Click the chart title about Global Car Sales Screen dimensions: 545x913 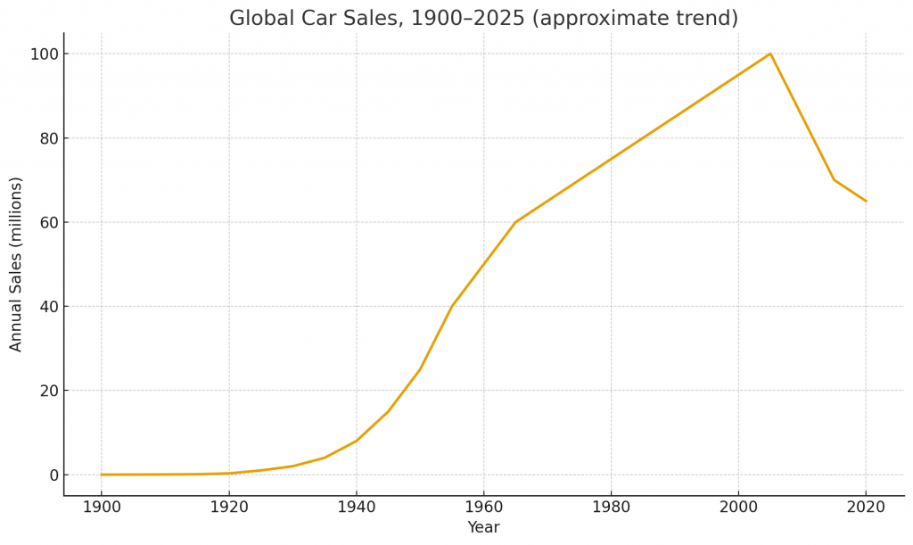(483, 19)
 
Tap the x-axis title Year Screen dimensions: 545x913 (483, 528)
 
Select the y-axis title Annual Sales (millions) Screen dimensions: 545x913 (16, 264)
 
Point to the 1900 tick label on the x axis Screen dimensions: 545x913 (101, 507)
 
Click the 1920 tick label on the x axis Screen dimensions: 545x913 (228, 507)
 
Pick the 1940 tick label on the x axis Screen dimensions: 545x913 (356, 507)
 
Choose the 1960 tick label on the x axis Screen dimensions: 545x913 (483, 507)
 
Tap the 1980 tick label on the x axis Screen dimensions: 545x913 (611, 507)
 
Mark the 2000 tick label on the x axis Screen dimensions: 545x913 (738, 507)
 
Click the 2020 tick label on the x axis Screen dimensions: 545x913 (866, 507)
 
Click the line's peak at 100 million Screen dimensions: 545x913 (770, 54)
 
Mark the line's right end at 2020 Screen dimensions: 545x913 (866, 201)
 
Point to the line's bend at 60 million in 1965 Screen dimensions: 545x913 (515, 222)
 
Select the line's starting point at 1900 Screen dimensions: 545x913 (101, 475)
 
